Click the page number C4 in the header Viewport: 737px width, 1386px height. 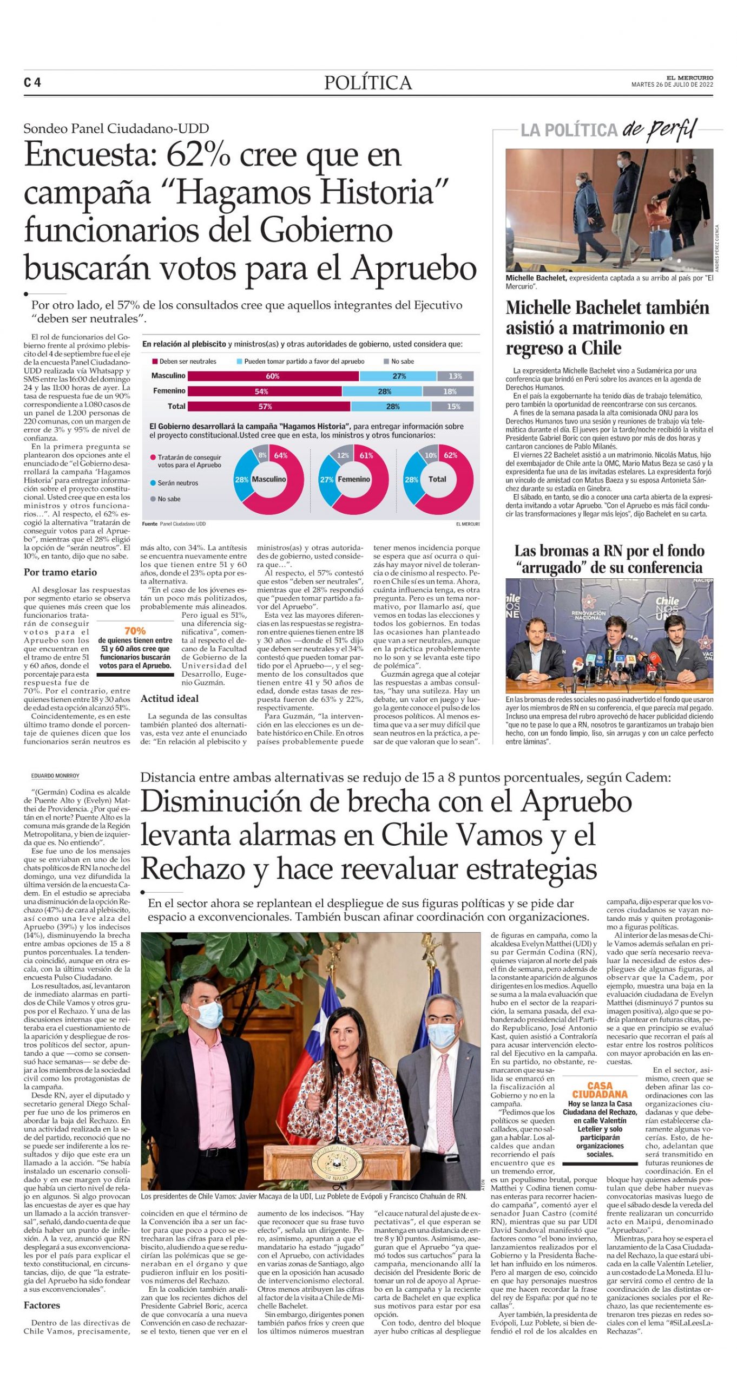pos(32,83)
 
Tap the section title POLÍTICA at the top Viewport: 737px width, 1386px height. pos(368,83)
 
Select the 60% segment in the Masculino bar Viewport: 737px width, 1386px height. pos(273,376)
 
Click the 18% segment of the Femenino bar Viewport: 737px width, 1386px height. pos(449,391)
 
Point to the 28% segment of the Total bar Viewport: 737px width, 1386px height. pos(393,407)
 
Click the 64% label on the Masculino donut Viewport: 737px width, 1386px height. pos(281,455)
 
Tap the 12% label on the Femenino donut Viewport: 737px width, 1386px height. pos(343,455)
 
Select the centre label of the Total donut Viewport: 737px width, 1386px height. pos(437,479)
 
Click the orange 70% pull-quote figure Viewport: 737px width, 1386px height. pos(135,631)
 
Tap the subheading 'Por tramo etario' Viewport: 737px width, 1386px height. pos(60,572)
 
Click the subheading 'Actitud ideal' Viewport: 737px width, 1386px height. pos(169,698)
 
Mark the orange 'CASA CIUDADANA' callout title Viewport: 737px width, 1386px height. pos(600,1090)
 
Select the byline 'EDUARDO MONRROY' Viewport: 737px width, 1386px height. pos(55,776)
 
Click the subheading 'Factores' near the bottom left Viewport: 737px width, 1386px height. pos(42,1305)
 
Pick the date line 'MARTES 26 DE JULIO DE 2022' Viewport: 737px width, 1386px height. pos(672,84)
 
